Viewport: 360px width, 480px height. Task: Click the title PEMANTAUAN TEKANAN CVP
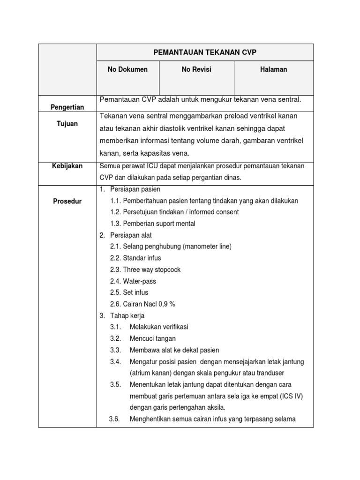tap(204, 52)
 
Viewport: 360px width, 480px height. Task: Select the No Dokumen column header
tap(127, 69)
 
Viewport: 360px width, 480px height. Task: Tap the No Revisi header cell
tap(196, 69)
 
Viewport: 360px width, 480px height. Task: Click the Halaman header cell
tap(274, 69)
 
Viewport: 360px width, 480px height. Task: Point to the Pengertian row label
tap(67, 107)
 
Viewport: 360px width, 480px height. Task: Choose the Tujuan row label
tap(67, 124)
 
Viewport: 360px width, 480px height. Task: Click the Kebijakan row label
tap(67, 166)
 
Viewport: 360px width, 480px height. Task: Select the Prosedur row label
tap(67, 201)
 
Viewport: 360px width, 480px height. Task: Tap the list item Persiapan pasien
tap(135, 189)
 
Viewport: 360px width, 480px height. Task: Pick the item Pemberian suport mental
tap(159, 224)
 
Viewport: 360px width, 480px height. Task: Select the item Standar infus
tap(142, 258)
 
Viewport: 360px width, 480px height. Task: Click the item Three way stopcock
tap(151, 270)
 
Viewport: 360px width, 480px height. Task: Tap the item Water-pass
tap(139, 281)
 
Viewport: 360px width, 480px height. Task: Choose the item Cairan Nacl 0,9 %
tap(149, 304)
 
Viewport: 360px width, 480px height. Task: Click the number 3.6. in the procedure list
tap(115, 419)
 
